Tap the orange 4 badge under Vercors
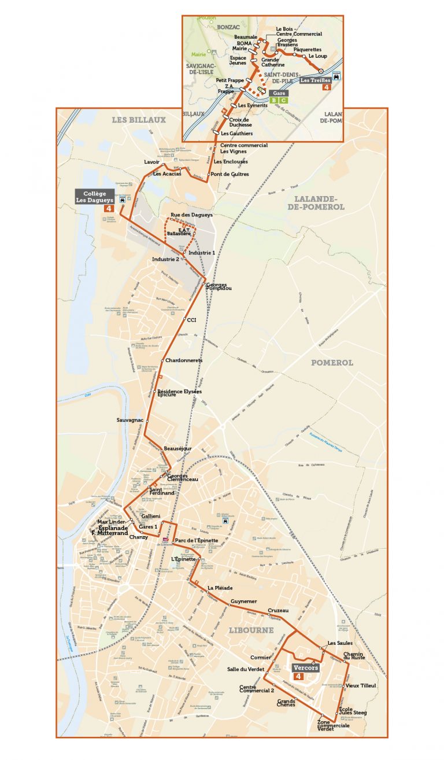pyautogui.click(x=298, y=676)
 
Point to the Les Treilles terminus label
pyautogui.click(x=315, y=80)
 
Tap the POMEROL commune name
pyautogui.click(x=332, y=363)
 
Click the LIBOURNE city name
pyautogui.click(x=250, y=630)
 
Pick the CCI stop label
pyautogui.click(x=192, y=319)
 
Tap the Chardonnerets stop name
pyautogui.click(x=183, y=360)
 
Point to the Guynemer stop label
pyautogui.click(x=243, y=602)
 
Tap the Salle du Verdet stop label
pyautogui.click(x=246, y=669)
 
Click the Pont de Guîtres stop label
pyautogui.click(x=230, y=174)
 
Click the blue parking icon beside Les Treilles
pyautogui.click(x=336, y=75)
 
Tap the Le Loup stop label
pyautogui.click(x=317, y=56)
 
